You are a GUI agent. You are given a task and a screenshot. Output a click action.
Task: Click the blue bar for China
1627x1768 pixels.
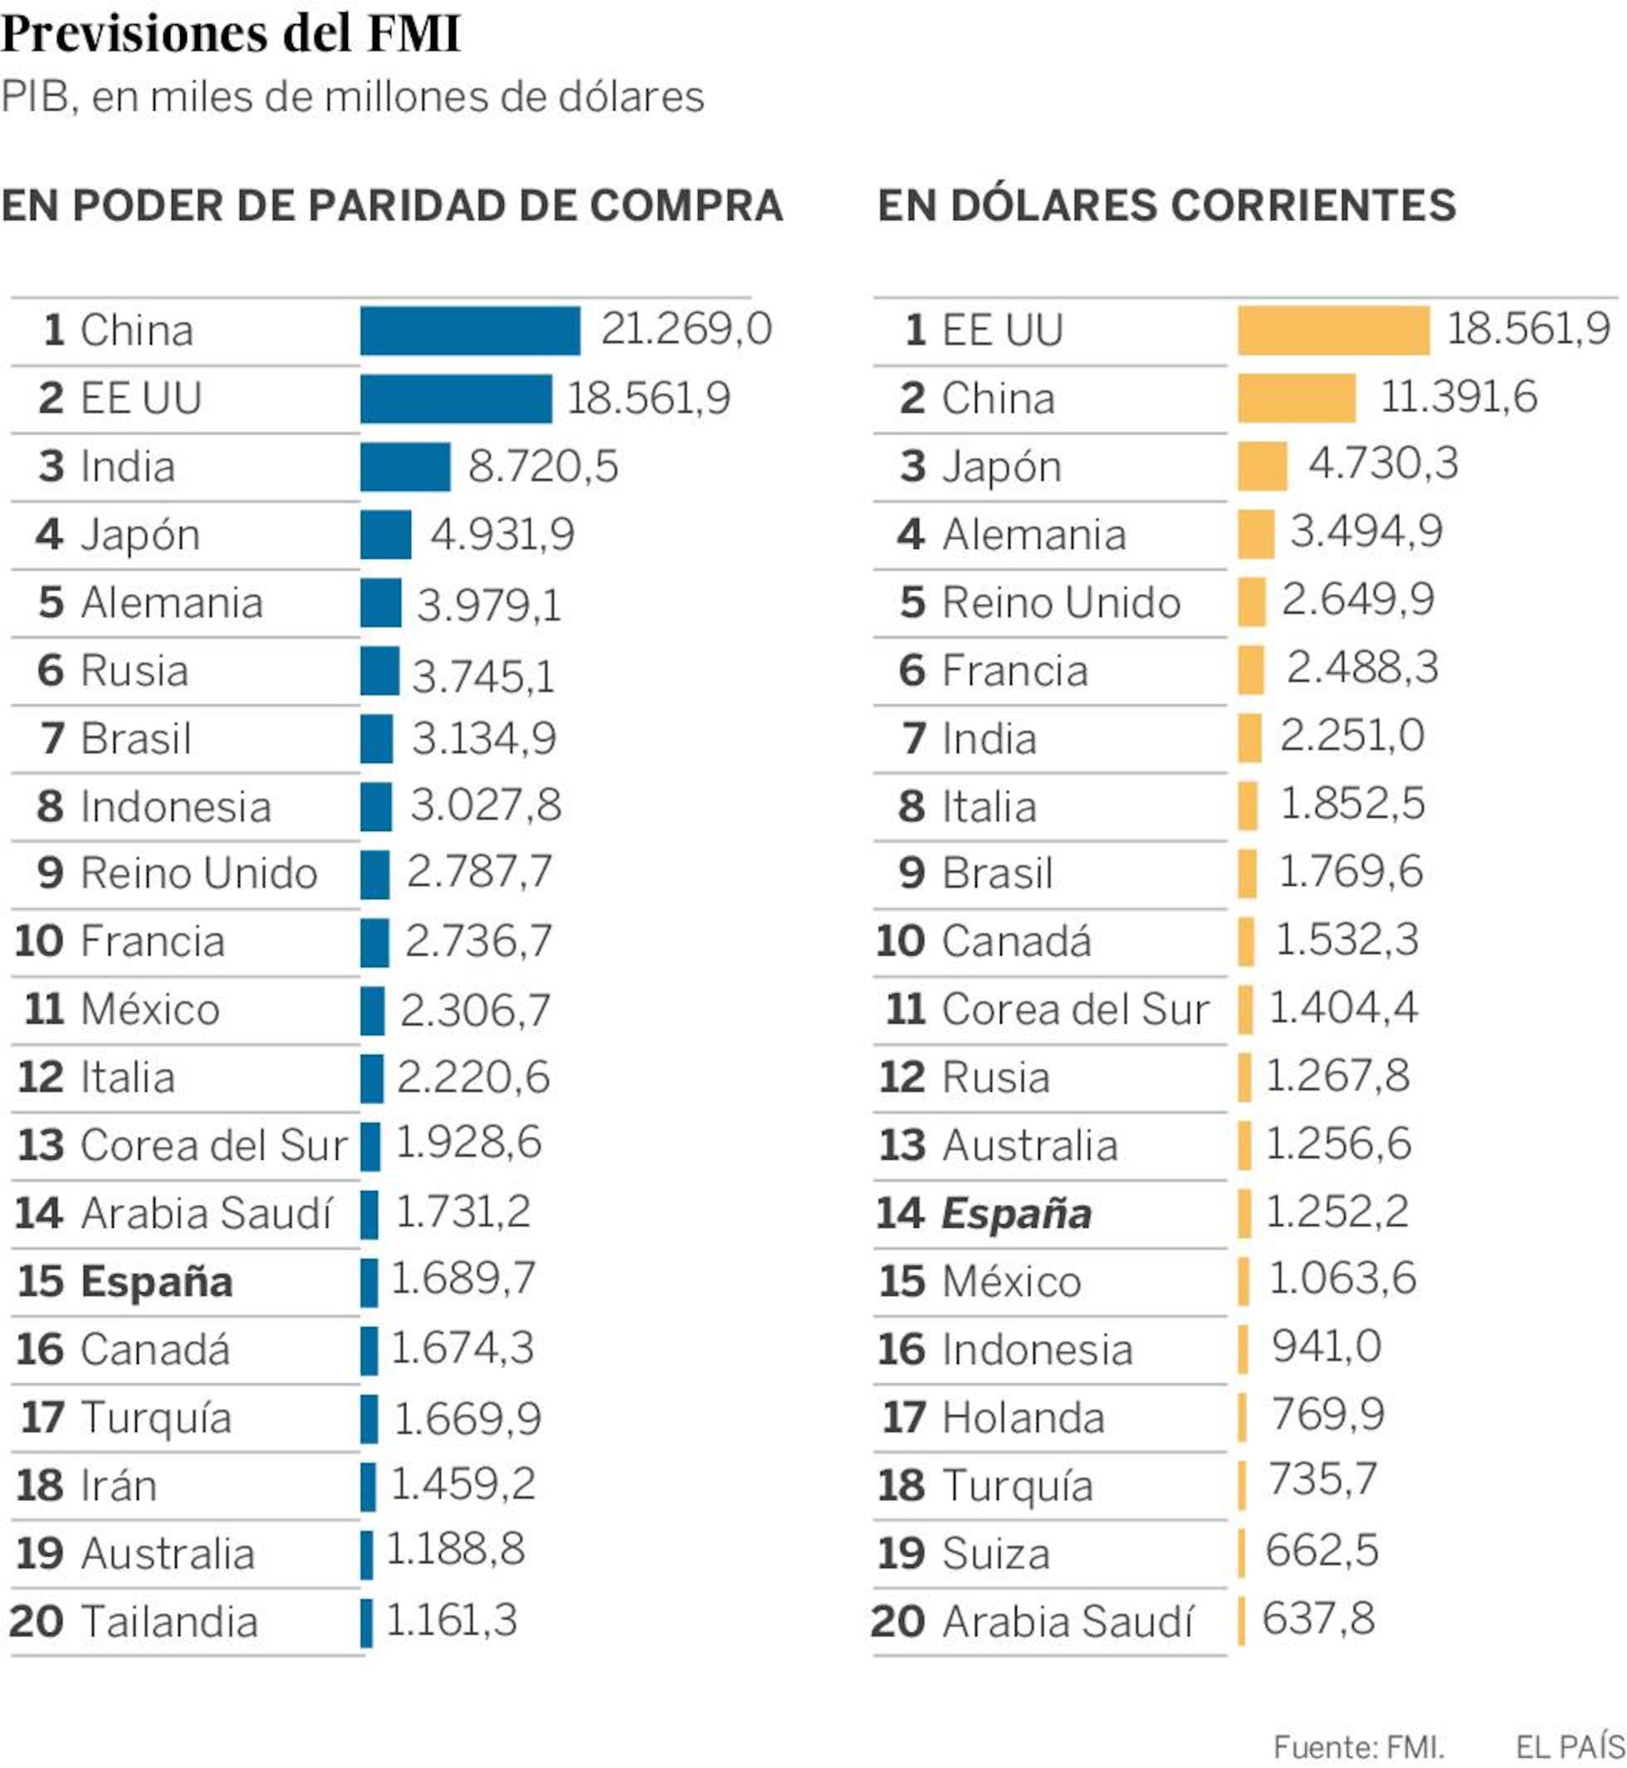pos(470,330)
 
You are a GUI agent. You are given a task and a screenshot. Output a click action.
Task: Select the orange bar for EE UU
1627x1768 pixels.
pos(1333,330)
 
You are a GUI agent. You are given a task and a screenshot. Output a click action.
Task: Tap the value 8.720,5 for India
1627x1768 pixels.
pos(542,466)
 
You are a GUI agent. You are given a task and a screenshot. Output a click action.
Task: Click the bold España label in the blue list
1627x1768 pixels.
pos(157,1281)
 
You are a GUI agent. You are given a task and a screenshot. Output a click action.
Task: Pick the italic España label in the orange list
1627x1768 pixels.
pos(1016,1214)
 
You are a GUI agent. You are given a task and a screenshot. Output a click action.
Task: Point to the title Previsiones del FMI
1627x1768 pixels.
pos(231,33)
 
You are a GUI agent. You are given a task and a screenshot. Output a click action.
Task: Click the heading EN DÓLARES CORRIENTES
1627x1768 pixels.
pos(1166,205)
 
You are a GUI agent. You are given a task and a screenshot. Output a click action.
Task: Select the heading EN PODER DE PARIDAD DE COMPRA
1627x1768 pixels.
pos(392,205)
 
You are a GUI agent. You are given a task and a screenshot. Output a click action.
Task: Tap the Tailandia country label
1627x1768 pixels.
pos(169,1621)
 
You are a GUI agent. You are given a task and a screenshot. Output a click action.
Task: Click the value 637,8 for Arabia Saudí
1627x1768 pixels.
pos(1318,1619)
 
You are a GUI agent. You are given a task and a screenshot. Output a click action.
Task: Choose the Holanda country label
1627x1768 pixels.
pos(1023,1418)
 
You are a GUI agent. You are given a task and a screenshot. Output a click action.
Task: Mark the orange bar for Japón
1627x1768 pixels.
pos(1262,466)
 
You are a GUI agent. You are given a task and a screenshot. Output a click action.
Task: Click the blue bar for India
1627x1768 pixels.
pos(405,466)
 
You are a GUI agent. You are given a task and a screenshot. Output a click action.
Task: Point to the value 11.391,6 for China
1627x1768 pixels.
pos(1458,396)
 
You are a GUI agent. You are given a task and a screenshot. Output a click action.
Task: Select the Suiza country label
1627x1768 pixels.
pos(996,1553)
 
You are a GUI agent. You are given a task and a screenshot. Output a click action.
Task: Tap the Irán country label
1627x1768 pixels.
pos(119,1485)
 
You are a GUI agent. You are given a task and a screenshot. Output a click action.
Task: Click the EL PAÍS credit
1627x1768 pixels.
pos(1570,1746)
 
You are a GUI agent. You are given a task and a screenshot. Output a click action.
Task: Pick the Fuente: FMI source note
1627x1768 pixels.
pos(1359,1746)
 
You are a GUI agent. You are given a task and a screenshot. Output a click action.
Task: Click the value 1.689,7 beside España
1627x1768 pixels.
pos(462,1278)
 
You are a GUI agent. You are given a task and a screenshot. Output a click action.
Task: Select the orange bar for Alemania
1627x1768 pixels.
pos(1255,534)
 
